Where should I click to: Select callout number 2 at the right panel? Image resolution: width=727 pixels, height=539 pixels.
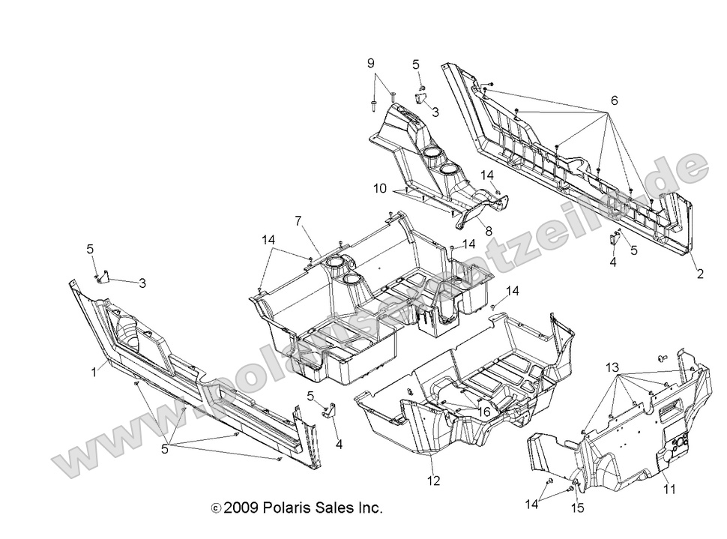click(700, 274)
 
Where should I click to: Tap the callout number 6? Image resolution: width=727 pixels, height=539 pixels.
click(614, 100)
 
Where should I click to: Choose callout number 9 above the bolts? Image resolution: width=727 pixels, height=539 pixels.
click(370, 64)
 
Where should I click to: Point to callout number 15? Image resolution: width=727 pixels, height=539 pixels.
click(579, 508)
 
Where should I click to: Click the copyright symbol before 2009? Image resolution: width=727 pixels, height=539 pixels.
click(216, 508)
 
